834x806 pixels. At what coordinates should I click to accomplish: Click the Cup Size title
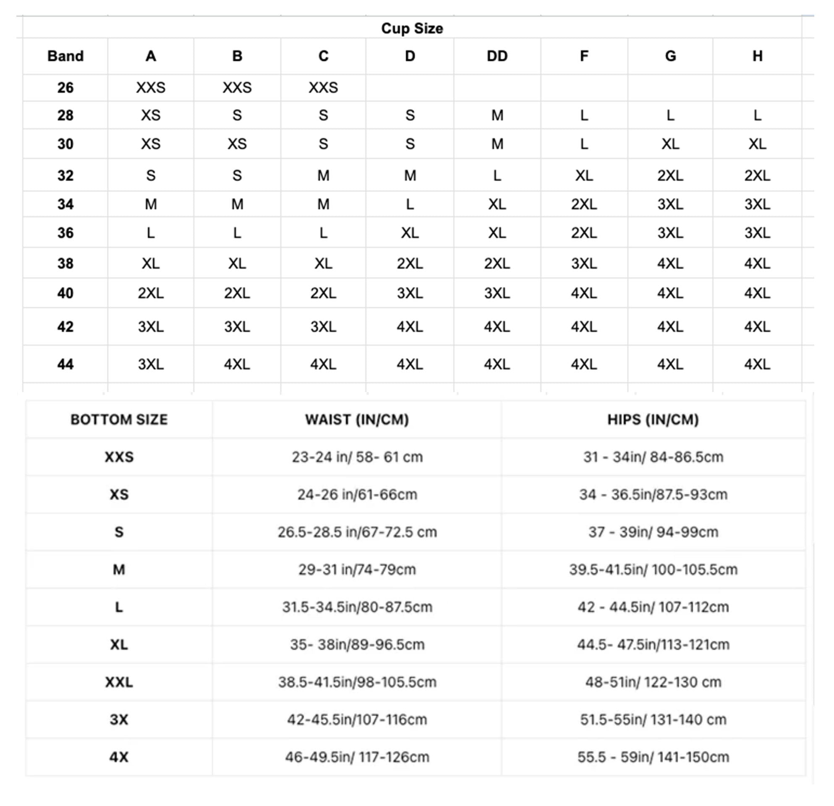click(x=412, y=29)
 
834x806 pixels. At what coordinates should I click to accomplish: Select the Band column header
click(x=65, y=56)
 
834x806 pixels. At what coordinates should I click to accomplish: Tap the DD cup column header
click(x=497, y=56)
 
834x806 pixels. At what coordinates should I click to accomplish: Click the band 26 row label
click(x=65, y=88)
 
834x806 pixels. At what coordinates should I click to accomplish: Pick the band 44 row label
click(x=65, y=364)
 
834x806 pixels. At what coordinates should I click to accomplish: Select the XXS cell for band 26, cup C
click(x=323, y=88)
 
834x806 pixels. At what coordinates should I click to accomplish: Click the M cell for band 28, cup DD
click(x=497, y=115)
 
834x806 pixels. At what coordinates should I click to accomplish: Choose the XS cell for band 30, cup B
click(x=237, y=144)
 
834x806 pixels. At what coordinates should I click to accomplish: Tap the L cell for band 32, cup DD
click(x=497, y=176)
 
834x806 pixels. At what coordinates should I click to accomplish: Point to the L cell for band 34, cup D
click(x=410, y=205)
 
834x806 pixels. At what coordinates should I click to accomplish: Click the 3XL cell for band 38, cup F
click(x=584, y=264)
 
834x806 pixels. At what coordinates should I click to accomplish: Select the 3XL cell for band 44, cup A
click(x=151, y=364)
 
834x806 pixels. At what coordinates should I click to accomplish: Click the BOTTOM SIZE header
click(x=119, y=420)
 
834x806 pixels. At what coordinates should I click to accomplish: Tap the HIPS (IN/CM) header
click(x=653, y=420)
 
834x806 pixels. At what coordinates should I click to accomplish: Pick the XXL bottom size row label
click(x=119, y=682)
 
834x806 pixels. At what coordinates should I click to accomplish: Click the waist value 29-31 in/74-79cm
click(x=357, y=569)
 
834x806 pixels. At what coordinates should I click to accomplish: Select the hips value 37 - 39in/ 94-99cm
click(x=653, y=532)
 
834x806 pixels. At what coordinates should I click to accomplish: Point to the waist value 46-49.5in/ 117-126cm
click(x=357, y=757)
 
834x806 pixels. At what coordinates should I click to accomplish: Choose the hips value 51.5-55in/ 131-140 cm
click(x=653, y=720)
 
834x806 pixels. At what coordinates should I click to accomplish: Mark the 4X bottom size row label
click(x=119, y=757)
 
